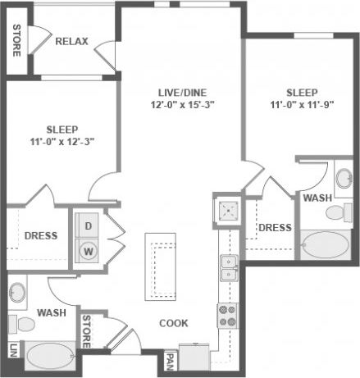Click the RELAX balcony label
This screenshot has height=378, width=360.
tap(71, 41)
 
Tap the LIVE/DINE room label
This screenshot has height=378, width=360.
tap(180, 91)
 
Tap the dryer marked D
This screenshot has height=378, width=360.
tap(88, 225)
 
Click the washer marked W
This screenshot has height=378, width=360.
tap(88, 248)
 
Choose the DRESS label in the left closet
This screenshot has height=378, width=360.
tap(40, 235)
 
